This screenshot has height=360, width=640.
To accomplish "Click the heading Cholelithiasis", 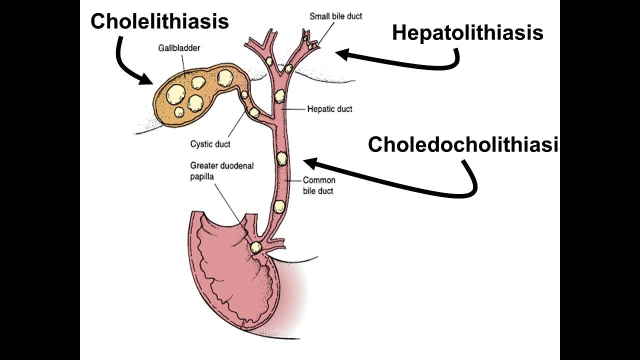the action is point(159,21).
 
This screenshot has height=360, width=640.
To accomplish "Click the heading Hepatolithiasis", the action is point(467,33).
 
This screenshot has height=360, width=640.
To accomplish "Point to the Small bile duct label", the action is point(335,16).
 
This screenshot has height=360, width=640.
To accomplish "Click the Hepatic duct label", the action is point(329,109).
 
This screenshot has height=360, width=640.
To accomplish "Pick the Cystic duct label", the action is point(210,144).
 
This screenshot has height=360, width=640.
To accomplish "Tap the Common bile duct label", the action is point(318,185).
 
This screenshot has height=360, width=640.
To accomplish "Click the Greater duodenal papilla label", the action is point(214,170).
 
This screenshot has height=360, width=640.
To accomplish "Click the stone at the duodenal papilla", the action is point(256,246).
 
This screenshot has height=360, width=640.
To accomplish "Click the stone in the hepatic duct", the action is point(279,95).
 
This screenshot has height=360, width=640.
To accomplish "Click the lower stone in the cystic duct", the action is point(254,112).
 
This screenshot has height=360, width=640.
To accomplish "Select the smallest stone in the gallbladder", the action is point(178,112).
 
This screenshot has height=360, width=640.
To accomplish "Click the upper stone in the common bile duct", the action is point(281,158).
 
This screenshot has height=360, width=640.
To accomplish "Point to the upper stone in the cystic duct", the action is point(244,94).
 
